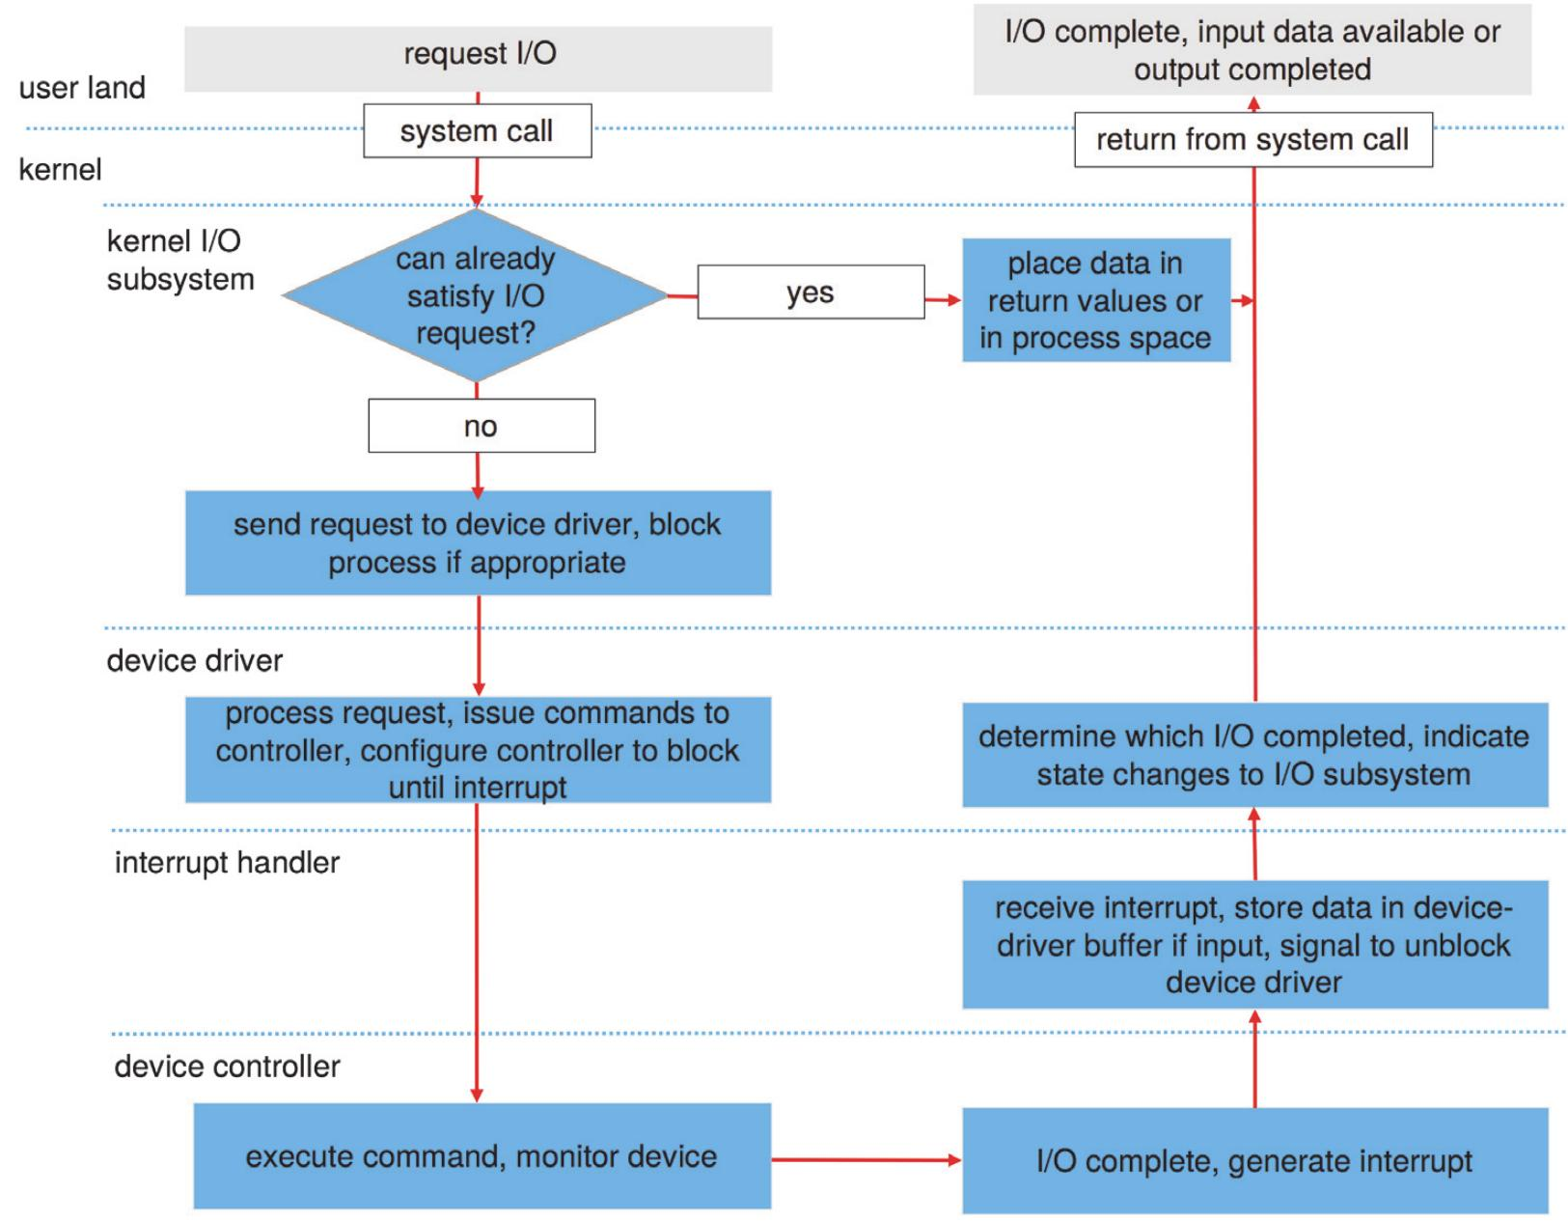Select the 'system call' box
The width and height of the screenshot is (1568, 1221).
click(477, 131)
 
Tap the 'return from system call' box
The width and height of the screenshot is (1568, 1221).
click(1252, 140)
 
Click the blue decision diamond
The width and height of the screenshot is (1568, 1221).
click(475, 295)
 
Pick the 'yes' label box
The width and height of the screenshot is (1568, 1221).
click(811, 292)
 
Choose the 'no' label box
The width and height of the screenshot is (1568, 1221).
click(481, 426)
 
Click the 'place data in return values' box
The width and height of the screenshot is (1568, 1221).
click(1096, 300)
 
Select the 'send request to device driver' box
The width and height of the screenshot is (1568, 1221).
click(478, 542)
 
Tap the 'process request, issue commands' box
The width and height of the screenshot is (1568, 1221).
click(478, 750)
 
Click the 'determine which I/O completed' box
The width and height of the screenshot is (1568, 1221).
click(1254, 755)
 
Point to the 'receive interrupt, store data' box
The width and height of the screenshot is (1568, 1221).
click(1254, 944)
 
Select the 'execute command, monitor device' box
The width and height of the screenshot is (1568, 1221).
click(481, 1156)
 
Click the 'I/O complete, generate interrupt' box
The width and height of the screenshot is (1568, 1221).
click(1254, 1160)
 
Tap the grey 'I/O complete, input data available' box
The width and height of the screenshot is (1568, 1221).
click(1252, 50)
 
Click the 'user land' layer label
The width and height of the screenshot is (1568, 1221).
click(82, 88)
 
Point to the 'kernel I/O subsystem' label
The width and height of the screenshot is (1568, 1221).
click(179, 260)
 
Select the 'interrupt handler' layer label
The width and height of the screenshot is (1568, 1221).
click(227, 862)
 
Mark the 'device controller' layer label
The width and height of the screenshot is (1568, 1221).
click(227, 1067)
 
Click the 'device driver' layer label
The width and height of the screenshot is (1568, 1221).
click(194, 660)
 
